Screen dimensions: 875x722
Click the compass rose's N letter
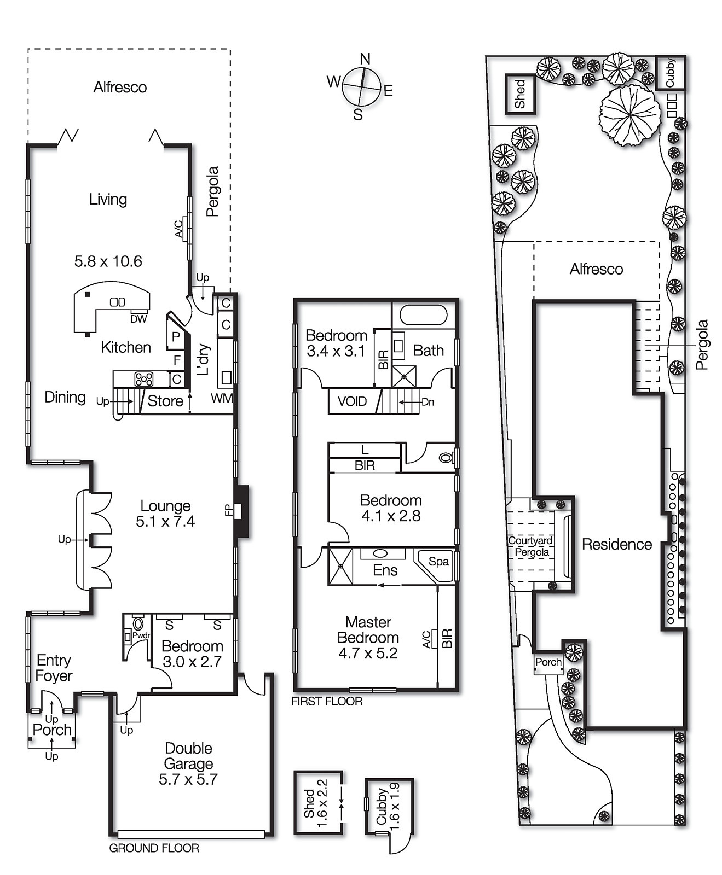pyautogui.click(x=365, y=59)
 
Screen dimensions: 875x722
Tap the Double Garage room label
pyautogui.click(x=188, y=756)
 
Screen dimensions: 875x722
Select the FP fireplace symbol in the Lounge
pyautogui.click(x=241, y=511)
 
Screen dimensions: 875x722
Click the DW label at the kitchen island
pyautogui.click(x=138, y=319)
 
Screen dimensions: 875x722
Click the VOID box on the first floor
pyautogui.click(x=352, y=402)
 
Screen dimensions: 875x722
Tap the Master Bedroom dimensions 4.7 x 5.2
pyautogui.click(x=368, y=654)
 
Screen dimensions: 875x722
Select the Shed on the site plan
pyautogui.click(x=520, y=94)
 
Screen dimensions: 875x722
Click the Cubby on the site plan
pyautogui.click(x=670, y=73)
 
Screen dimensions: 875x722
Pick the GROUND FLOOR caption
pyautogui.click(x=154, y=848)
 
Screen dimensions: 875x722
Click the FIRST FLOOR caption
pyautogui.click(x=327, y=702)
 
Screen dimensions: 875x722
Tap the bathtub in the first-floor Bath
pyautogui.click(x=424, y=315)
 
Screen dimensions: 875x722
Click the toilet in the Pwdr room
pyautogui.click(x=138, y=624)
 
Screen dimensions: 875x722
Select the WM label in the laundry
pyautogui.click(x=221, y=399)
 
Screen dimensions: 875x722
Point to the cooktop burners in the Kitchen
pyautogui.click(x=144, y=378)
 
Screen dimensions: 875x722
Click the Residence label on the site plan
pyautogui.click(x=616, y=544)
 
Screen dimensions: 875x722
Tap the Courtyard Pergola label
pyautogui.click(x=530, y=546)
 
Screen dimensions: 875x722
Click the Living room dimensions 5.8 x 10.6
pyautogui.click(x=108, y=261)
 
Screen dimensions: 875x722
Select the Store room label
pyautogui.click(x=165, y=401)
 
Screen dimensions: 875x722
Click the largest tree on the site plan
pyautogui.click(x=629, y=115)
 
